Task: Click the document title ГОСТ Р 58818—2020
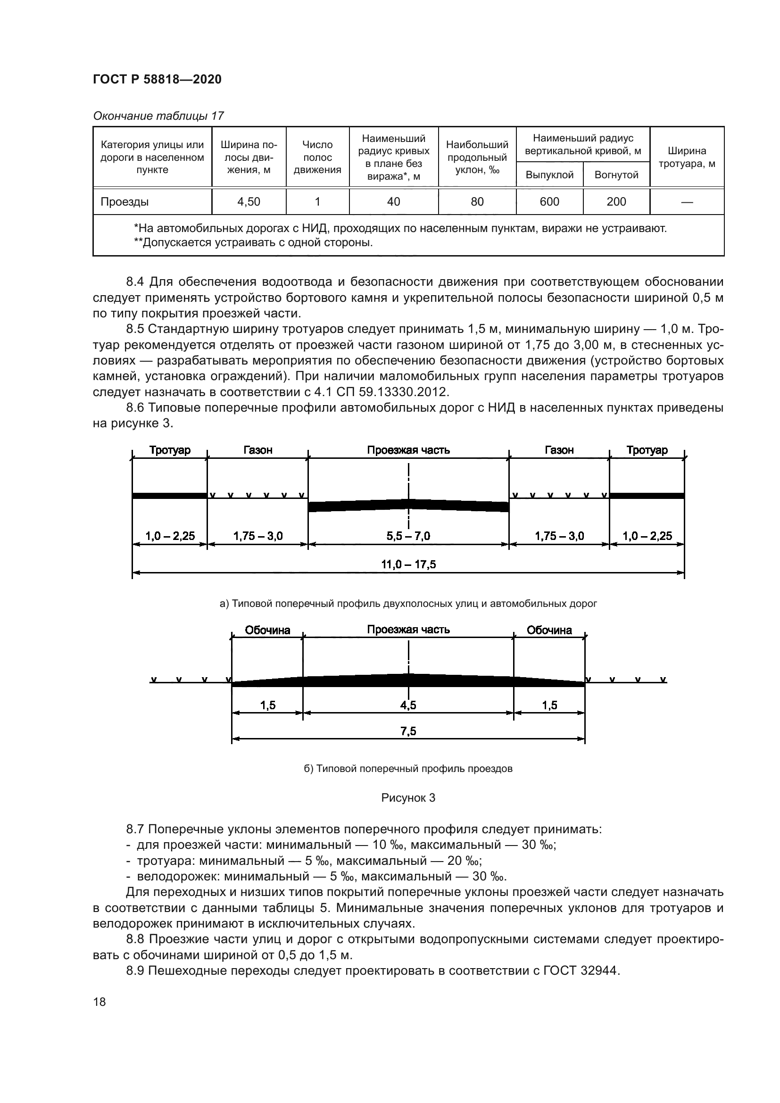click(x=157, y=80)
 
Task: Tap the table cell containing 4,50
click(x=249, y=202)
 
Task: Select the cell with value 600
click(x=549, y=202)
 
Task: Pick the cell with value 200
click(x=616, y=202)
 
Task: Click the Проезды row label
click(x=124, y=202)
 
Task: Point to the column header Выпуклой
click(x=549, y=175)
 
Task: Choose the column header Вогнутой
click(x=616, y=175)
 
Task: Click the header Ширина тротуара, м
click(x=686, y=157)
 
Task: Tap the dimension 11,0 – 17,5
click(x=408, y=564)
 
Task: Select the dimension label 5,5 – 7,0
click(x=408, y=536)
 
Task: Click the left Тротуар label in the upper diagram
click(x=170, y=450)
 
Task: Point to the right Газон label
click(x=559, y=450)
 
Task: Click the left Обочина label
click(x=267, y=630)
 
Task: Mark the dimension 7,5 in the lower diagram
click(x=408, y=732)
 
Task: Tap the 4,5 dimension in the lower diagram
click(x=408, y=705)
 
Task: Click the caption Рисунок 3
click(x=408, y=798)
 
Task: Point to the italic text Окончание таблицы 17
click(x=158, y=116)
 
